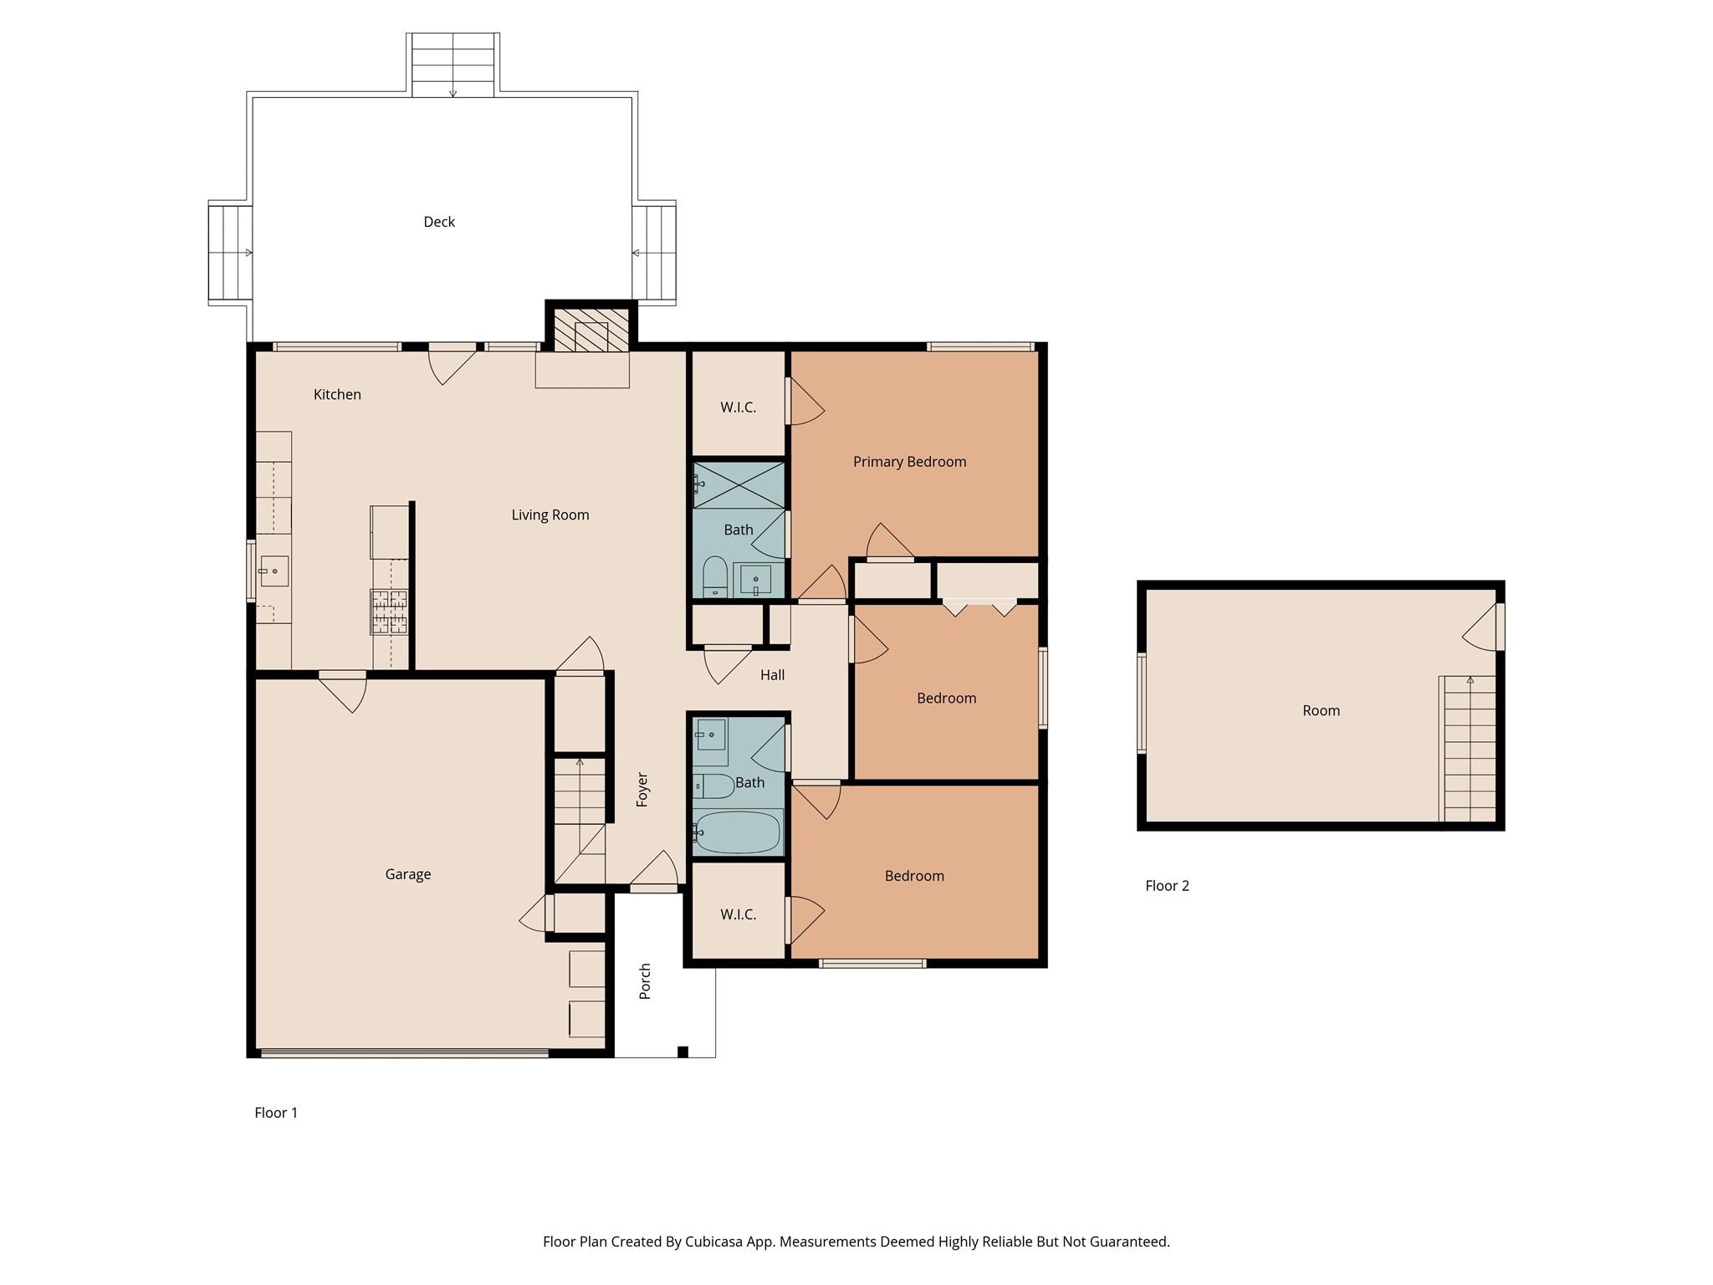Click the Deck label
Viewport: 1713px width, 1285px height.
tap(439, 222)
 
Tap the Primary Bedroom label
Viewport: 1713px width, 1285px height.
tap(909, 462)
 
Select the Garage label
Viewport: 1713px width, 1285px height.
tap(408, 874)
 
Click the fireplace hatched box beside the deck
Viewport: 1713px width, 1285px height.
tap(591, 330)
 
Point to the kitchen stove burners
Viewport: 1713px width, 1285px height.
tap(389, 611)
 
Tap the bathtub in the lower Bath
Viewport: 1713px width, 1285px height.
tap(738, 832)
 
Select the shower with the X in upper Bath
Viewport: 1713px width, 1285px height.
tap(739, 485)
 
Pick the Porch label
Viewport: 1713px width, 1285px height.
tap(645, 981)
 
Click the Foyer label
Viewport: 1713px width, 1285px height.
tap(642, 790)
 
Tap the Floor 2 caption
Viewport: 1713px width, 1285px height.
tap(1167, 886)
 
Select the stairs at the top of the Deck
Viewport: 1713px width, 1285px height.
tap(453, 65)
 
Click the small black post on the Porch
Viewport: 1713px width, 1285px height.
tap(683, 1052)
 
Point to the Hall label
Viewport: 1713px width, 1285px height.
tap(772, 675)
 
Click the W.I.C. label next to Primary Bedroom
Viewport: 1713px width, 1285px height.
tap(738, 407)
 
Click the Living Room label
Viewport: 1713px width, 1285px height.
tap(550, 515)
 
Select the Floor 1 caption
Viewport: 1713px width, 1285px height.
tap(276, 1113)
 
